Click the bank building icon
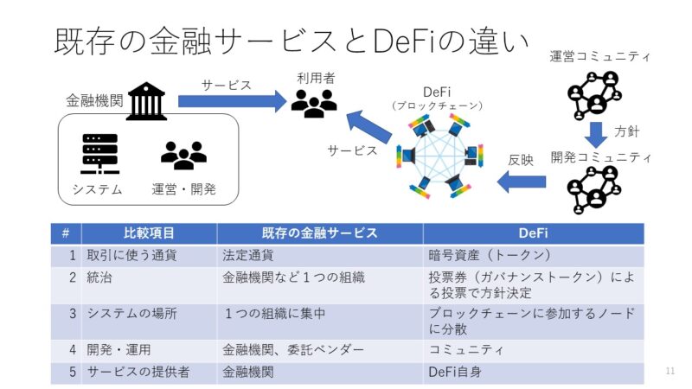(146, 101)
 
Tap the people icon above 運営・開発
(183, 155)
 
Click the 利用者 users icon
(313, 104)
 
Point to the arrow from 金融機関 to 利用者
(232, 102)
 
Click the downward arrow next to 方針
(595, 133)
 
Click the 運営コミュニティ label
(599, 57)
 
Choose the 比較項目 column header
(150, 233)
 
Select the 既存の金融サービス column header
(320, 233)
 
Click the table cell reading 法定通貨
(248, 255)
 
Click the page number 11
(670, 372)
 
